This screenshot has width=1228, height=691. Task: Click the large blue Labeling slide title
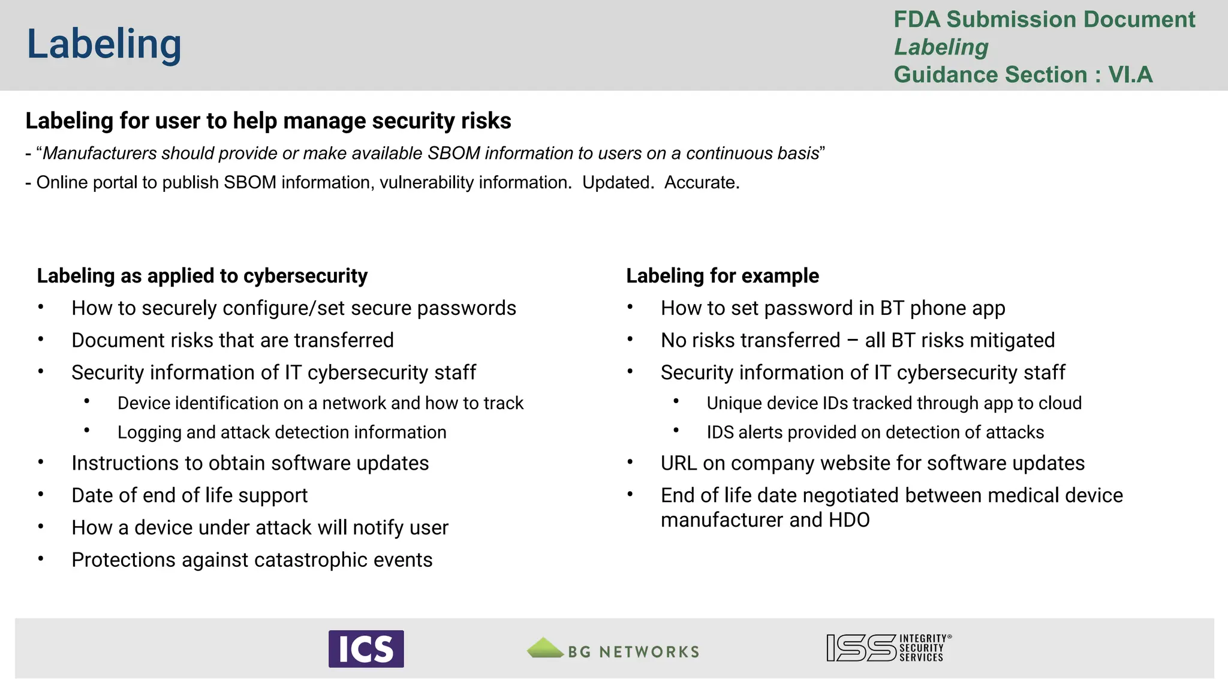pos(104,44)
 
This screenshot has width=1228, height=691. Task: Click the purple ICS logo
pos(366,648)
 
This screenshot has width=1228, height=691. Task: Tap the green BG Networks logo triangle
pos(544,648)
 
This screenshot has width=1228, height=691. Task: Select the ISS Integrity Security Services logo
pos(888,648)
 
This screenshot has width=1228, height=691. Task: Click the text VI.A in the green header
pos(1130,75)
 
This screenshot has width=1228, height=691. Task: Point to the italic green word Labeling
pos(941,47)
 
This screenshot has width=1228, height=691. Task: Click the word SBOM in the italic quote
pos(453,154)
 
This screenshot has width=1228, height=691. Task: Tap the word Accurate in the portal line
pos(701,182)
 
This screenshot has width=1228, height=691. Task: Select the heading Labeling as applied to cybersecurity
pos(202,276)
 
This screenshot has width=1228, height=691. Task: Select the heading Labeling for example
pos(722,276)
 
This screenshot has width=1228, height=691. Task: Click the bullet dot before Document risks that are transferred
pos(41,340)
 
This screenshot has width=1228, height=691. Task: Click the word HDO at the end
pos(848,520)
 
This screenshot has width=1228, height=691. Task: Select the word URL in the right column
pos(678,464)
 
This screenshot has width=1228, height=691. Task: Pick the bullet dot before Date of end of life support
pos(41,495)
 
